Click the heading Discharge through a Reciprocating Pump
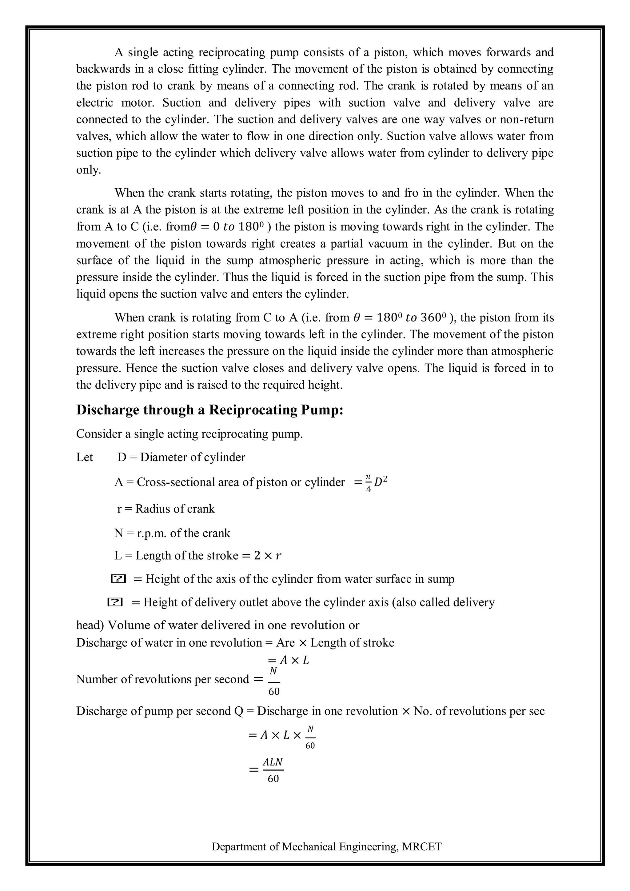pyautogui.click(x=209, y=410)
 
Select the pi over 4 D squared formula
pyautogui.click(x=371, y=482)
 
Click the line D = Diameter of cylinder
pyautogui.click(x=181, y=457)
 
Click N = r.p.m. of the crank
pyautogui.click(x=172, y=533)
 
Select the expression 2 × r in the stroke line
pyautogui.click(x=268, y=556)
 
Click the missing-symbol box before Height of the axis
pyautogui.click(x=118, y=579)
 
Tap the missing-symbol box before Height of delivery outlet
pyautogui.click(x=115, y=602)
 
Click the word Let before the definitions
pyautogui.click(x=85, y=457)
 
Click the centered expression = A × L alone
pyautogui.click(x=288, y=660)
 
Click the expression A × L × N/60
pyautogui.click(x=282, y=735)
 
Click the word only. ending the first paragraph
pyautogui.click(x=89, y=170)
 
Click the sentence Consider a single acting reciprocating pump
pyautogui.click(x=189, y=434)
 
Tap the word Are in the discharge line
pyautogui.click(x=285, y=643)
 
